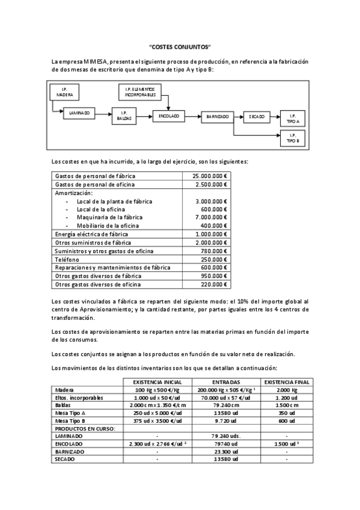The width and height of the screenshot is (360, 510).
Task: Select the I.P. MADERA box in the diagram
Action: (x=65, y=92)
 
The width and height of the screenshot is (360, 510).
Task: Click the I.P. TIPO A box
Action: (x=293, y=118)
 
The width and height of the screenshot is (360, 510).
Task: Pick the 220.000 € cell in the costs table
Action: (x=213, y=284)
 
